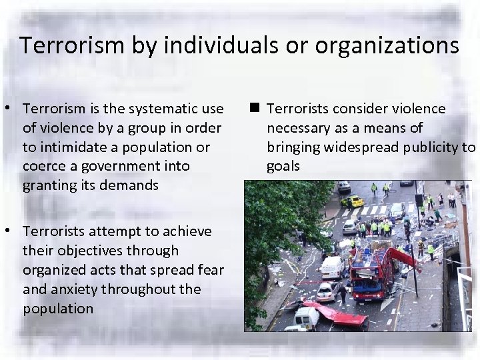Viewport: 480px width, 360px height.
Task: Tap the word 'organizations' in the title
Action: [387, 45]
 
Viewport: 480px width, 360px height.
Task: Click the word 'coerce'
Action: [44, 166]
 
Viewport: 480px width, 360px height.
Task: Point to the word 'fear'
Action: [209, 270]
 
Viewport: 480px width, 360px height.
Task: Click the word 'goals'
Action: [283, 166]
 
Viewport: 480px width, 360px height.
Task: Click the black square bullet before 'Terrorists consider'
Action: [255, 107]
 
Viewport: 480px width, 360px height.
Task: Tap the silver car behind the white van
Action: [327, 291]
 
